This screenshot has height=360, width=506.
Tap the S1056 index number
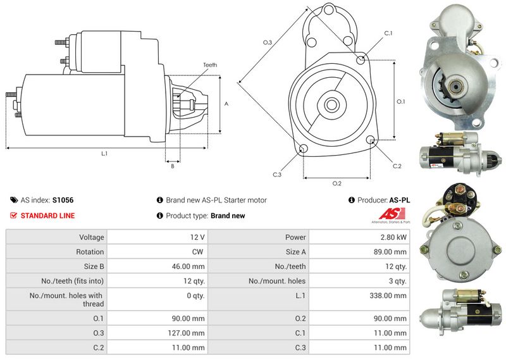(63, 200)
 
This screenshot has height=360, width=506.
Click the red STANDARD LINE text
(47, 216)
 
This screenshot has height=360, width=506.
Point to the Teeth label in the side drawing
(210, 66)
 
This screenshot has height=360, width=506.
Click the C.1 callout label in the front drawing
(388, 33)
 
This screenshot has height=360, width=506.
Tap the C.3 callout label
(277, 175)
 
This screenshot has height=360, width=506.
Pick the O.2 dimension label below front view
(337, 183)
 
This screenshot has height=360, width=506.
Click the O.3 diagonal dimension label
(268, 42)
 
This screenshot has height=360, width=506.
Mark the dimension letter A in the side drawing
(226, 104)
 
